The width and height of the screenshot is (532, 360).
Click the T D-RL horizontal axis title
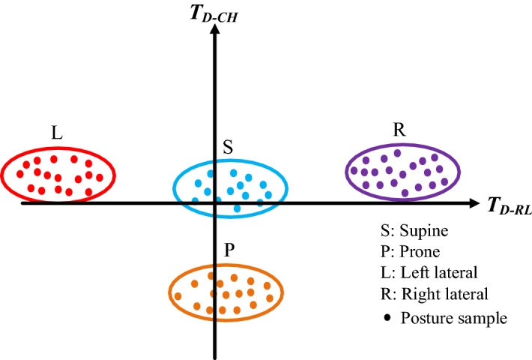[510, 205]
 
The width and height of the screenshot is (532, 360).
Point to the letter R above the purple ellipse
[399, 129]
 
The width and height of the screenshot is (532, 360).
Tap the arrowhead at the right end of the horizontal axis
[477, 203]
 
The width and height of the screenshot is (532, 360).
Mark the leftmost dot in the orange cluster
[178, 296]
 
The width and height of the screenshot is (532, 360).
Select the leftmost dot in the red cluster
[20, 175]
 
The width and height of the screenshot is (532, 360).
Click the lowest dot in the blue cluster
[238, 208]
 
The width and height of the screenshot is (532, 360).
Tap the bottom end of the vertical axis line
[216, 357]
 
